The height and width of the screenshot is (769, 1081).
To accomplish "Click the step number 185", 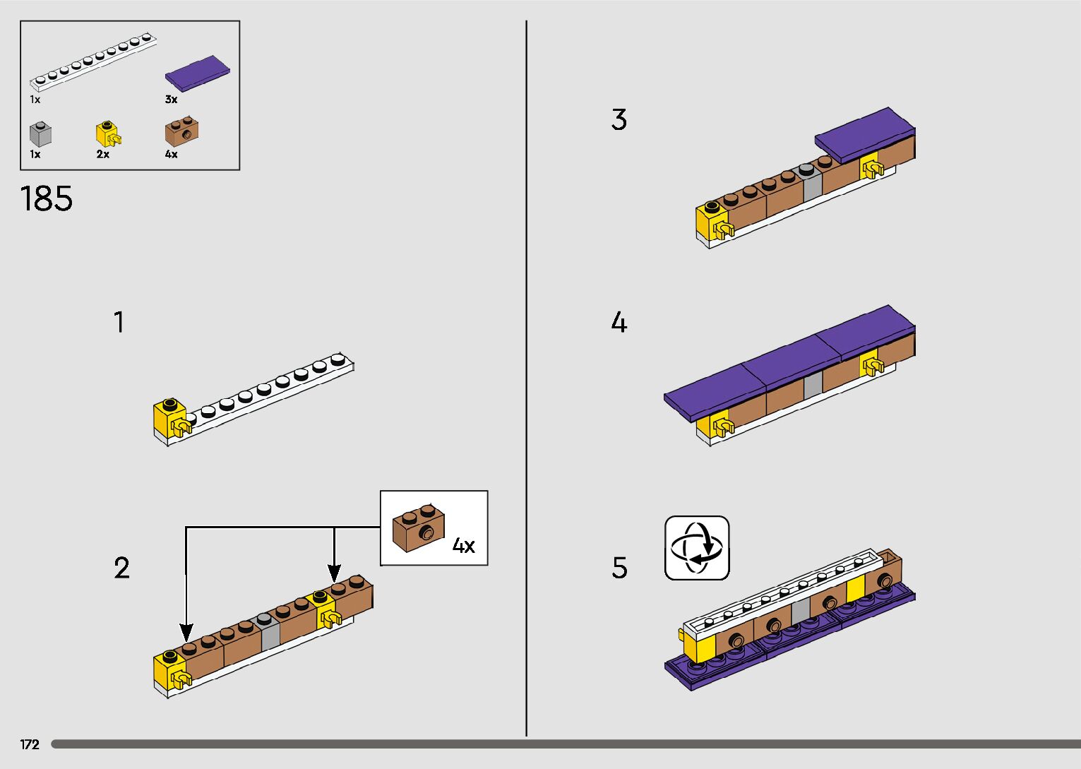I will click(x=47, y=198).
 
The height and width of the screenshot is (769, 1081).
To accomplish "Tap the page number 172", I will click(x=30, y=744).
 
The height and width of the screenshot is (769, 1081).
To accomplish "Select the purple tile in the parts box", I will click(x=198, y=73).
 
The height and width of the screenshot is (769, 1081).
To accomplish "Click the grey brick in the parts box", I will click(x=40, y=134).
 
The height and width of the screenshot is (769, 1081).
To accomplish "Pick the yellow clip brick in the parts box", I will click(x=107, y=134).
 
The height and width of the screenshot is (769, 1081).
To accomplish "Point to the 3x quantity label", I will click(x=172, y=100).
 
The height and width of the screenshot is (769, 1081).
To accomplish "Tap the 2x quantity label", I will click(x=103, y=154).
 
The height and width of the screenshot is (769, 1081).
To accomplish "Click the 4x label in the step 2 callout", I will click(x=463, y=545).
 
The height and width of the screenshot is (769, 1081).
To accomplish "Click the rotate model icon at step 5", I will click(x=697, y=548).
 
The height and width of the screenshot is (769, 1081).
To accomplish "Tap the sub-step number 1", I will click(x=119, y=322).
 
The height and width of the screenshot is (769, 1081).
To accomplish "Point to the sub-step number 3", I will click(x=619, y=120).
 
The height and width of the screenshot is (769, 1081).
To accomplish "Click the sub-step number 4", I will click(x=619, y=323).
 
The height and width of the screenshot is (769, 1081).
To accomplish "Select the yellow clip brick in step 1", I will click(x=171, y=419).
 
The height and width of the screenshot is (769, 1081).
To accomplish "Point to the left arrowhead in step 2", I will click(x=186, y=632).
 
